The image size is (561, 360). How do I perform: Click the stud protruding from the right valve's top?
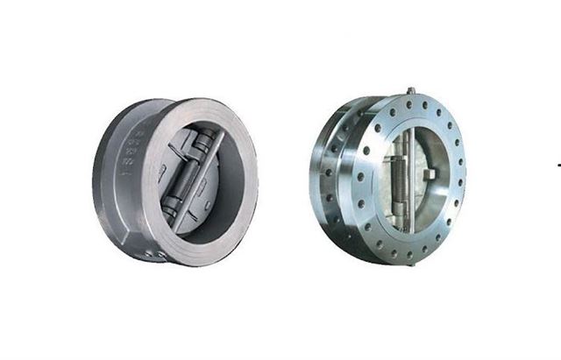click(x=409, y=91)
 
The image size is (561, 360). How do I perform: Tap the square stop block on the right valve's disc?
click(x=429, y=175)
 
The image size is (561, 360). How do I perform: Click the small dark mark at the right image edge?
click(x=558, y=163)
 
